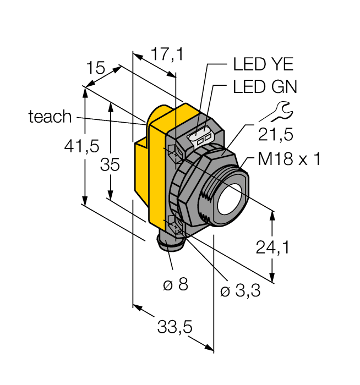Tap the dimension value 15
pyautogui.click(x=96, y=68)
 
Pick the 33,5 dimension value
pyautogui.click(x=174, y=328)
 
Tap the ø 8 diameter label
pyautogui.click(x=175, y=284)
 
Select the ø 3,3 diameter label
pyautogui.click(x=240, y=291)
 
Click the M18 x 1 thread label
pyautogui.click(x=289, y=159)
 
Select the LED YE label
pyautogui.click(x=263, y=64)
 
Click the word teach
pyautogui.click(x=50, y=117)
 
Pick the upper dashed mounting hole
pyautogui.click(x=174, y=152)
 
